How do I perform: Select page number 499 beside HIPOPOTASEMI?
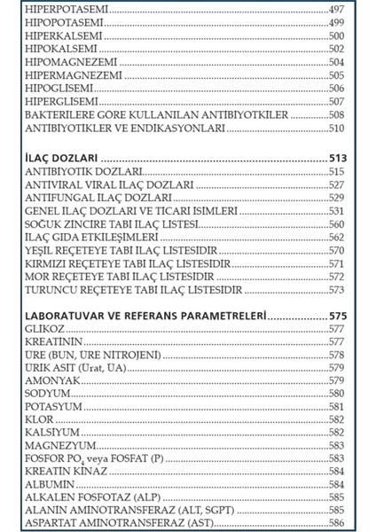pos(336,22)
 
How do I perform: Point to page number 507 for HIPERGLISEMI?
pos(336,101)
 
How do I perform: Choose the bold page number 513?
pos(336,157)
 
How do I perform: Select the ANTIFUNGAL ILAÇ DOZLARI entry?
pos(98,198)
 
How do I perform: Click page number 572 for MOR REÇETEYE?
pos(336,277)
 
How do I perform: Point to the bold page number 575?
pos(336,316)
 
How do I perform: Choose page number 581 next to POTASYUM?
pos(336,406)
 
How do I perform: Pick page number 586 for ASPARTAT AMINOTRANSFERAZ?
pos(336,524)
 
